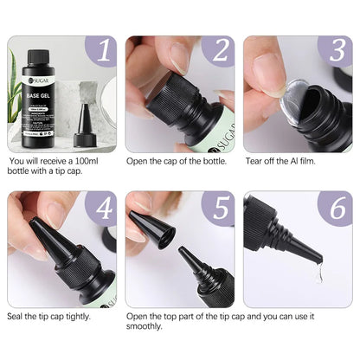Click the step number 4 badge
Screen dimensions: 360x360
tap(103, 209)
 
